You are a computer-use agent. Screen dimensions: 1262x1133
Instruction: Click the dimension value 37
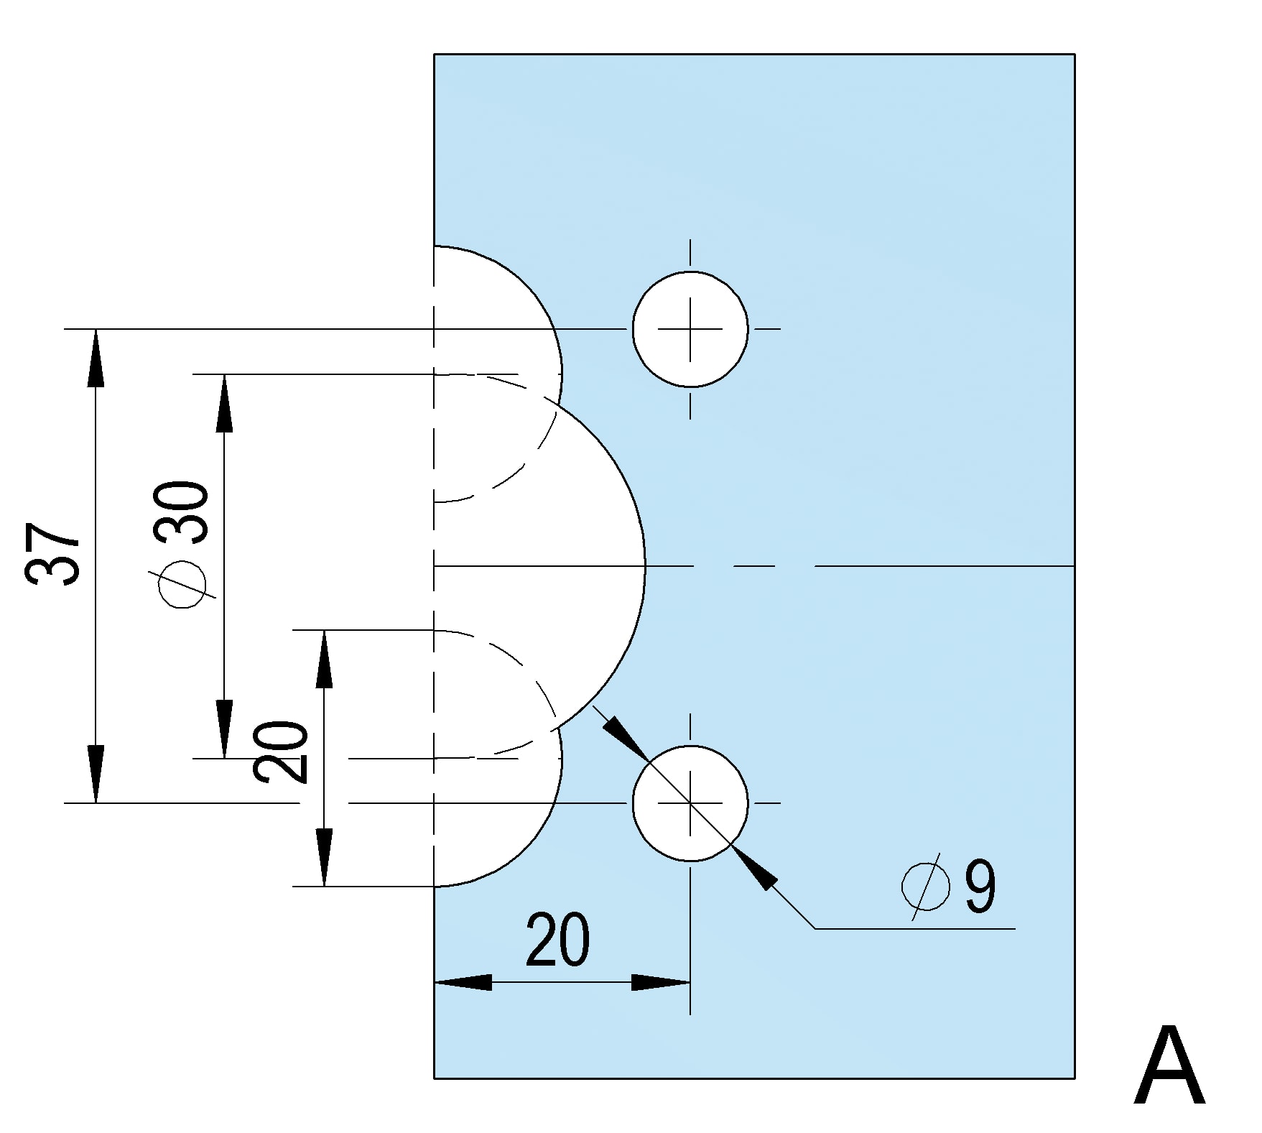[x=53, y=553]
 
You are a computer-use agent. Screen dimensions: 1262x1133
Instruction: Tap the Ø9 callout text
[x=949, y=887]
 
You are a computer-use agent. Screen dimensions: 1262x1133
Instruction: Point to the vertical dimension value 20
[x=280, y=751]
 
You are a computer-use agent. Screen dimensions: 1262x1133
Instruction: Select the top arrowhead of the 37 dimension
[x=96, y=357]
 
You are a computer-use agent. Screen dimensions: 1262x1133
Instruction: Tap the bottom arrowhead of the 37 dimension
[x=96, y=774]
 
